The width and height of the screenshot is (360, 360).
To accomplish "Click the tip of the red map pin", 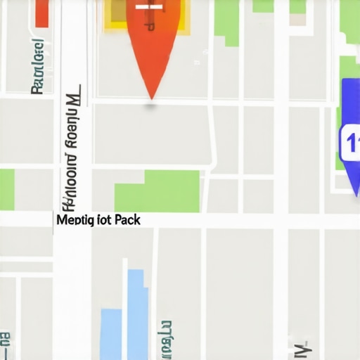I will pyautogui.click(x=151, y=96).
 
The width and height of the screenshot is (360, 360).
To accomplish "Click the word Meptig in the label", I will pyautogui.click(x=74, y=220).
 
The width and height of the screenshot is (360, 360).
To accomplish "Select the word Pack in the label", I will pyautogui.click(x=127, y=220).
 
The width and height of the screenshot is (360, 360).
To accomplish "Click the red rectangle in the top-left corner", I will pyautogui.click(x=41, y=13).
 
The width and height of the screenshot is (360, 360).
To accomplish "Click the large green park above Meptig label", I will pyautogui.click(x=157, y=191).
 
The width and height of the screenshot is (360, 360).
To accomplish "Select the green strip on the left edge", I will pyautogui.click(x=6, y=189).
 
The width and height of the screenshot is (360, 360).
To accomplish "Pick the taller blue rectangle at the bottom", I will pyautogui.click(x=138, y=309).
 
